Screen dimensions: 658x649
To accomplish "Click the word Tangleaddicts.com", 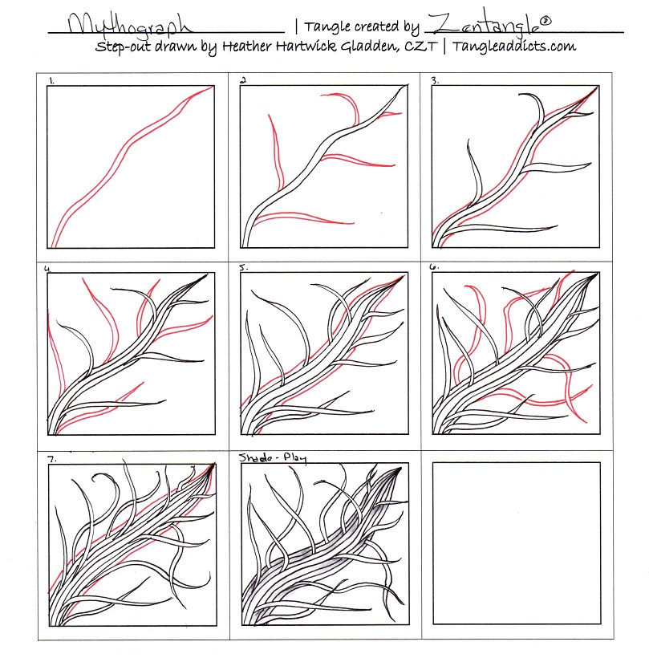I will (514, 47).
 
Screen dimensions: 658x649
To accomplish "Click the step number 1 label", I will (51, 80).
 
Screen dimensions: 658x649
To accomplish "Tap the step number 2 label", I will (242, 80).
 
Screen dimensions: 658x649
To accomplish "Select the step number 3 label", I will (434, 80).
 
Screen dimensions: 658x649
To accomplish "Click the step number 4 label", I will (51, 268).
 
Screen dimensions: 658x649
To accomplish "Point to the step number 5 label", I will (243, 268).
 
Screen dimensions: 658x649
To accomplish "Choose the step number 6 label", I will (434, 268).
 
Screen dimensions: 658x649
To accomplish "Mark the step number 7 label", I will (51, 458).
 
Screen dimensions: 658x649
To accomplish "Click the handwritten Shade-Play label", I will (274, 457).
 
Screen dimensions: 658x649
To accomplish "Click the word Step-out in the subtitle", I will (123, 47).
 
